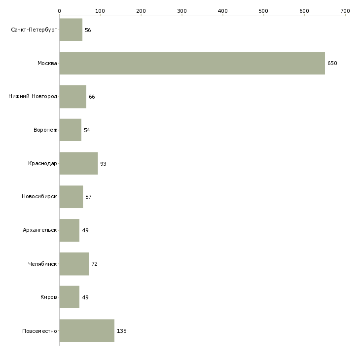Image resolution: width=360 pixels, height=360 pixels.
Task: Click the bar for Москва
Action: pyautogui.click(x=192, y=63)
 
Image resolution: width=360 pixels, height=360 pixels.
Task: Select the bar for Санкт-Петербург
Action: pyautogui.click(x=71, y=30)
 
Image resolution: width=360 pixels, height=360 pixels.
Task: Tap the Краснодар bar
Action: pyautogui.click(x=78, y=163)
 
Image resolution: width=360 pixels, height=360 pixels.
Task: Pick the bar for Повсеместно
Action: pyautogui.click(x=87, y=330)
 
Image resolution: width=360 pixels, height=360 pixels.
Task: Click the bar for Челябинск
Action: pyautogui.click(x=74, y=264)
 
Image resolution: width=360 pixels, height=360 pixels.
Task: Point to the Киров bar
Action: pyautogui.click(x=70, y=297)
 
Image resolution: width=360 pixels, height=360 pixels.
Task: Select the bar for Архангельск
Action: pyautogui.click(x=70, y=230)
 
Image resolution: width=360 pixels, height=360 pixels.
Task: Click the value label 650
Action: pyautogui.click(x=332, y=63)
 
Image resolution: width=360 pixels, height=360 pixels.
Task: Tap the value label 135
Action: pyautogui.click(x=122, y=331)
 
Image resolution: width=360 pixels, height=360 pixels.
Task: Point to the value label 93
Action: pyautogui.click(x=104, y=164)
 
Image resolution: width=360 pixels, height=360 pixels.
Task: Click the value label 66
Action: pyautogui.click(x=92, y=97)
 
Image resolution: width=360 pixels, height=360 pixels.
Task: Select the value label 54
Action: pyautogui.click(x=87, y=130)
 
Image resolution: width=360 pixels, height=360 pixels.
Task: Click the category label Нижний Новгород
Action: pyautogui.click(x=33, y=97)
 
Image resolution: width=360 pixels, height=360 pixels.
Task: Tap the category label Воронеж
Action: pyautogui.click(x=45, y=130)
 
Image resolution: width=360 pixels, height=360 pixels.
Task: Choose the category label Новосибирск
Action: pyautogui.click(x=39, y=197)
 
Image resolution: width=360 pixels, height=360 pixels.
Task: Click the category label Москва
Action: pyautogui.click(x=47, y=63)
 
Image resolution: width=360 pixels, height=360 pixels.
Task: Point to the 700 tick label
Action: pyautogui.click(x=345, y=11)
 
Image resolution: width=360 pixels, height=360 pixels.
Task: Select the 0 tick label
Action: pyautogui.click(x=60, y=11)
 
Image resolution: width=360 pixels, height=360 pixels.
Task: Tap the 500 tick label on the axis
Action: pyautogui.click(x=263, y=11)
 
